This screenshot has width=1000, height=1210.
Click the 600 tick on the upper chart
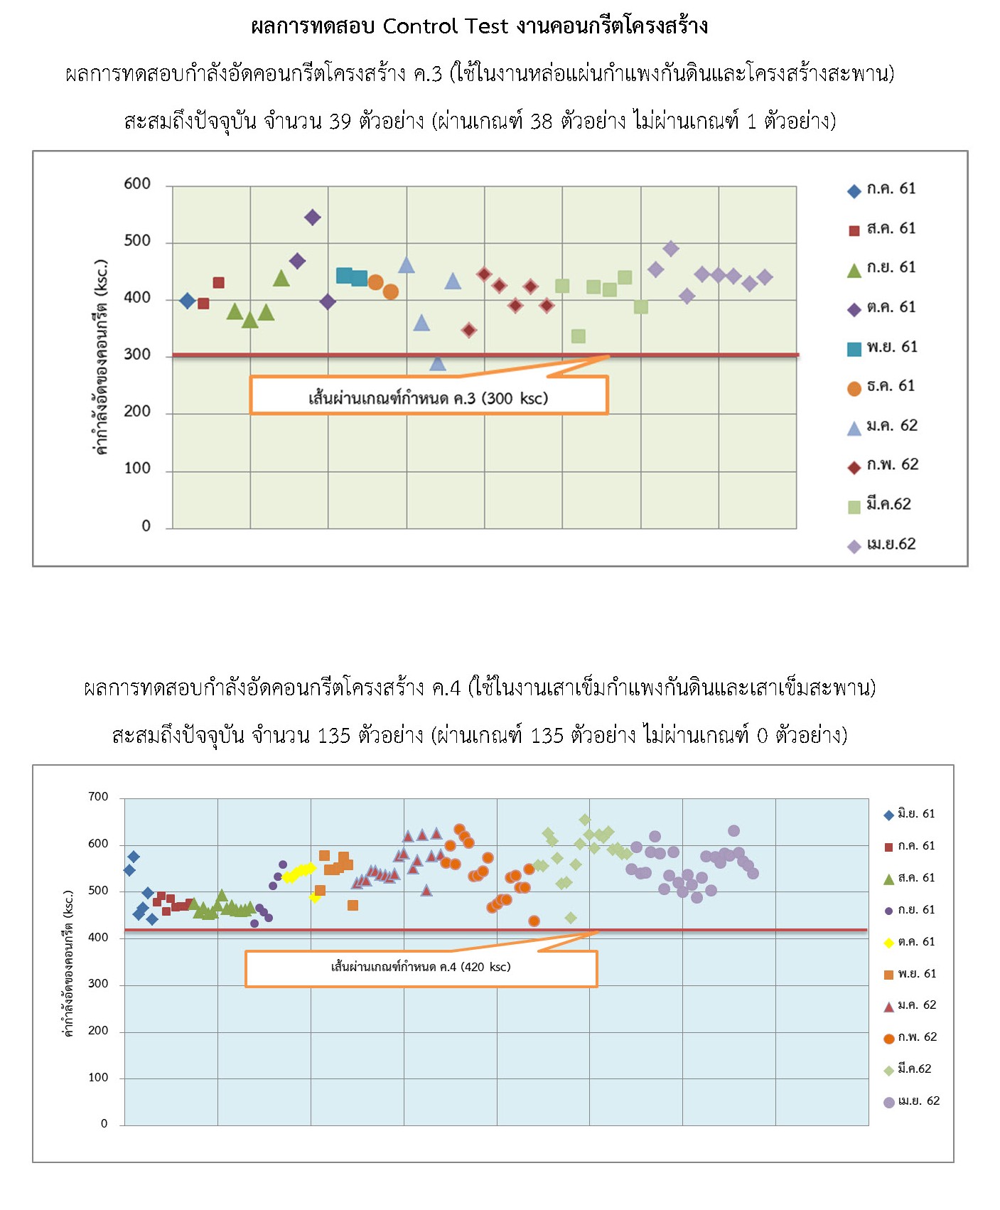tap(137, 184)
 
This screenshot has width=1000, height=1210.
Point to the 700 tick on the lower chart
tap(98, 797)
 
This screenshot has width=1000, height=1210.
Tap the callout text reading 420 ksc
tap(485, 967)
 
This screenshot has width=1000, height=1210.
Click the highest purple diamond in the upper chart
tap(312, 218)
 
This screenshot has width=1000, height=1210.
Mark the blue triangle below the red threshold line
tap(438, 364)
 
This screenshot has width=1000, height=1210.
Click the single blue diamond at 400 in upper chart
tap(187, 301)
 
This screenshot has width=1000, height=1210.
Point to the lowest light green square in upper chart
tap(579, 336)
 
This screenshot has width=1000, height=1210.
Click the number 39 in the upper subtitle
tap(340, 122)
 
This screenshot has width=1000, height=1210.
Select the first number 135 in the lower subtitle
tap(334, 735)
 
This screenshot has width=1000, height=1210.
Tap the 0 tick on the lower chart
tap(104, 1124)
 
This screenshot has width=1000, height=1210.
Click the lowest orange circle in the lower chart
tap(534, 921)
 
